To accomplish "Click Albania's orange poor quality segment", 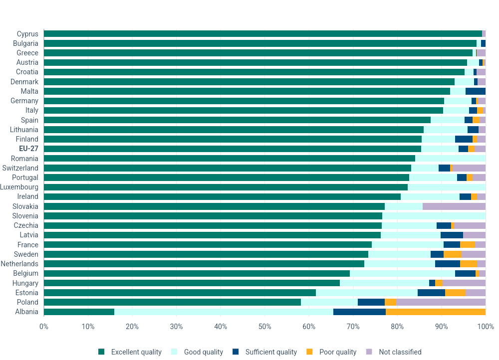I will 436,312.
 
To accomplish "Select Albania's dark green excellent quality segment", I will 79,312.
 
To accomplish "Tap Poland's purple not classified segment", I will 441,302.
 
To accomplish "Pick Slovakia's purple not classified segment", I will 454,206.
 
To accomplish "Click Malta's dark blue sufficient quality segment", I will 476,91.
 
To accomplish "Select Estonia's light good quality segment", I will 367,293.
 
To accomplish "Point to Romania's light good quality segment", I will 450,159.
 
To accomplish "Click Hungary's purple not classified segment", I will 464,283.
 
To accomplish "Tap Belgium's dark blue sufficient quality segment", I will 465,273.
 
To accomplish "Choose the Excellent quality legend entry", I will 136,352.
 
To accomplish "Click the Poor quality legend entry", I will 338,352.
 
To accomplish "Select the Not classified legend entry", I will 400,352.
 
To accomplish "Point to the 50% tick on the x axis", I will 264,327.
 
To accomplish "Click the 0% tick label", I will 44,327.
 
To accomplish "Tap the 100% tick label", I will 486,327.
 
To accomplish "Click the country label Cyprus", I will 27,34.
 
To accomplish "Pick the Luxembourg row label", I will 19,187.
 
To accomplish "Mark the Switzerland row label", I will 20,168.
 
